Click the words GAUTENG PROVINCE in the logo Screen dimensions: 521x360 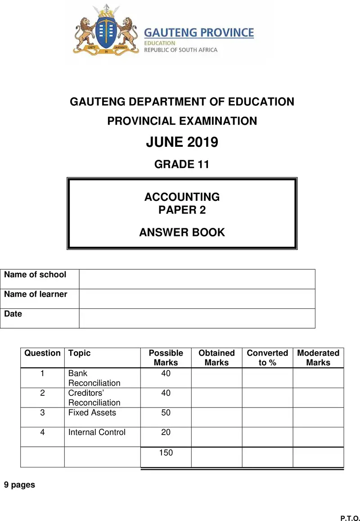pos(198,33)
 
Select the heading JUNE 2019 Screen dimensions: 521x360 pos(182,142)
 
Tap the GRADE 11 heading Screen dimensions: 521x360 pos(182,164)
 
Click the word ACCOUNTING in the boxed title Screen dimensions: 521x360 pos(182,197)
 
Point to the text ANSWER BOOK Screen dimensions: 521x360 pos(182,232)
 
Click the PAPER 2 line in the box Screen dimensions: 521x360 pos(182,210)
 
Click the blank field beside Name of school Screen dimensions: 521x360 pos(197,279)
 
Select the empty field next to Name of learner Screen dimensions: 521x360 pos(197,299)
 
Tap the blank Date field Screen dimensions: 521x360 pos(197,318)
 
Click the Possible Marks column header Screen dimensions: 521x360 pos(166,358)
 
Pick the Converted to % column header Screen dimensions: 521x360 pos(267,358)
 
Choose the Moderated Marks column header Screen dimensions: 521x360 pos(318,358)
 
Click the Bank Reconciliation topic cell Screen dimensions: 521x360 pos(94,378)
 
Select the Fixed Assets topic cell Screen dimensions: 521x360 pos(92,413)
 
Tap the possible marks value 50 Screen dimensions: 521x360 pos(166,413)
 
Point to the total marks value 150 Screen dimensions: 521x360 pos(166,453)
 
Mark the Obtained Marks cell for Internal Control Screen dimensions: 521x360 pos(216,437)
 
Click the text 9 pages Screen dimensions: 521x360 pos(19,485)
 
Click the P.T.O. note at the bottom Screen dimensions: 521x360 pos(350,518)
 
